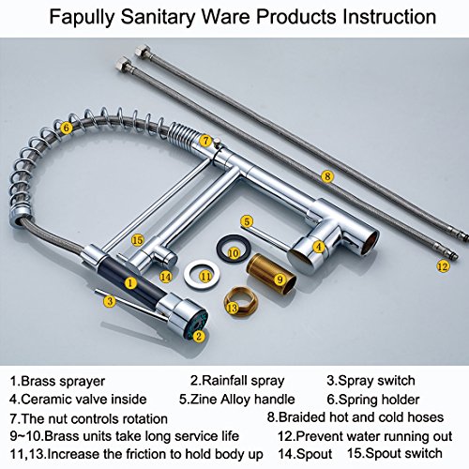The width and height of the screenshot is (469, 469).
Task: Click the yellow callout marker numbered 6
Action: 66,128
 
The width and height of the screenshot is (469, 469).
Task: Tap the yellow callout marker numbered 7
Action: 205,141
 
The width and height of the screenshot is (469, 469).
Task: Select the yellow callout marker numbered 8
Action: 327,176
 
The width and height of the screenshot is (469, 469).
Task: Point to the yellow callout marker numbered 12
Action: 443,266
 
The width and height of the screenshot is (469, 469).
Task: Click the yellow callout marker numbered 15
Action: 137,240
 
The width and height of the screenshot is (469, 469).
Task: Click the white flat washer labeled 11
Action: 202,275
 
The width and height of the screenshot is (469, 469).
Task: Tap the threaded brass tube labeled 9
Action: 271,274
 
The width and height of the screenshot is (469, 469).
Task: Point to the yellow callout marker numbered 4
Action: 319,247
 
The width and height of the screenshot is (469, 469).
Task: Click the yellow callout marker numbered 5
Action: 247,221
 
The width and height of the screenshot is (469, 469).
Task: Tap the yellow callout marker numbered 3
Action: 110,301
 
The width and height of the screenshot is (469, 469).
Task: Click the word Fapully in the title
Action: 82,17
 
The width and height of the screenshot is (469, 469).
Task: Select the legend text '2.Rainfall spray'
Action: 237,381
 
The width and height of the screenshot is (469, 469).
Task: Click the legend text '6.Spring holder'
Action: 372,400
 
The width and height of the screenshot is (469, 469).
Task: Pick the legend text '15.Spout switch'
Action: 395,453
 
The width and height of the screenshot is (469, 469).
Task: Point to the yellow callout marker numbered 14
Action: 166,277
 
